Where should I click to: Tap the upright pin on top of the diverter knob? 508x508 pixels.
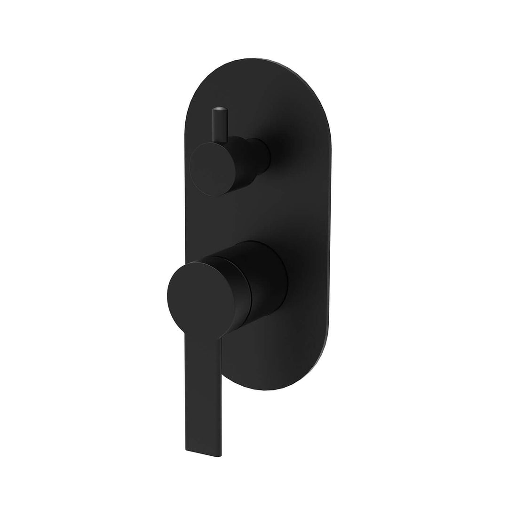[220, 125]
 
